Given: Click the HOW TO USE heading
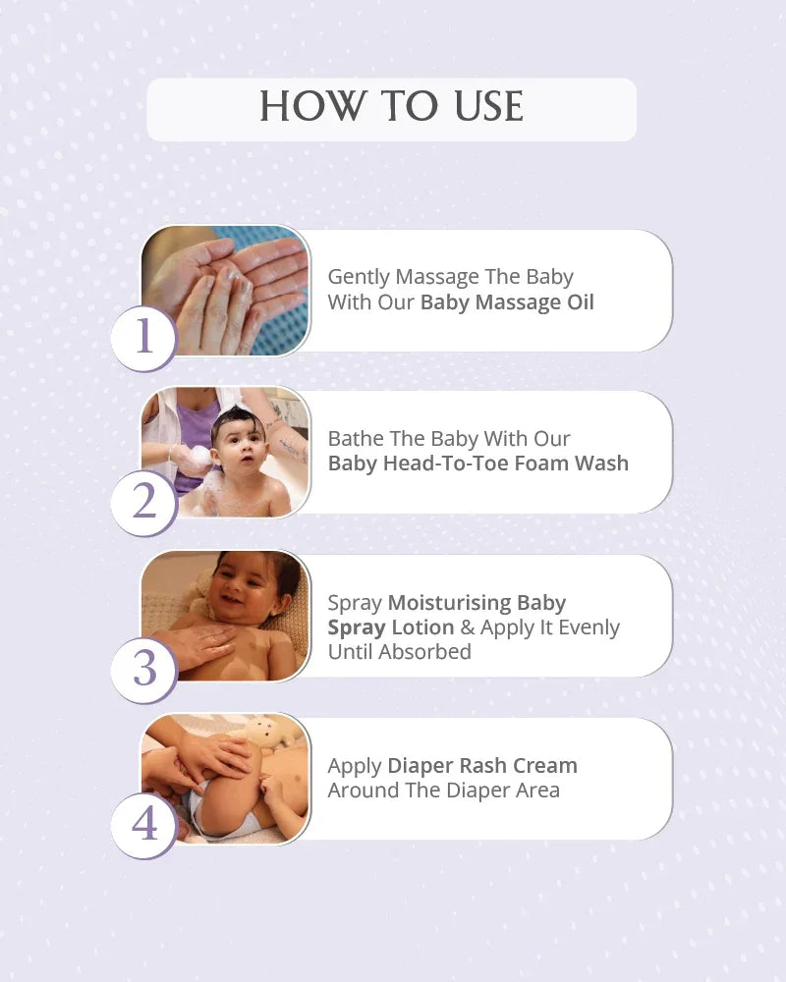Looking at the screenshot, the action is click(392, 106).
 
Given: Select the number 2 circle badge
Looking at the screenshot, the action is click(144, 503).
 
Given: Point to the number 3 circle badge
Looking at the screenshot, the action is click(144, 670).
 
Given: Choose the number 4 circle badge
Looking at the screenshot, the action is click(144, 826).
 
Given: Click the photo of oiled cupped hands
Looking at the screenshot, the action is click(226, 290).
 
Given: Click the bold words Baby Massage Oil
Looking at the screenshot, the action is click(507, 302).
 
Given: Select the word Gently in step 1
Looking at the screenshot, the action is click(359, 277).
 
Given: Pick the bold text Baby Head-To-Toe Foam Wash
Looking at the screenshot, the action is click(478, 464).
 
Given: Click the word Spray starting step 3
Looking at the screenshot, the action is click(355, 603).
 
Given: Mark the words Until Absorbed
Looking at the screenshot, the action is click(399, 652).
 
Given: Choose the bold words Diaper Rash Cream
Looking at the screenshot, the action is click(482, 765).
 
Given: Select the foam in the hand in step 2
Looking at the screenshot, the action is click(199, 455).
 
